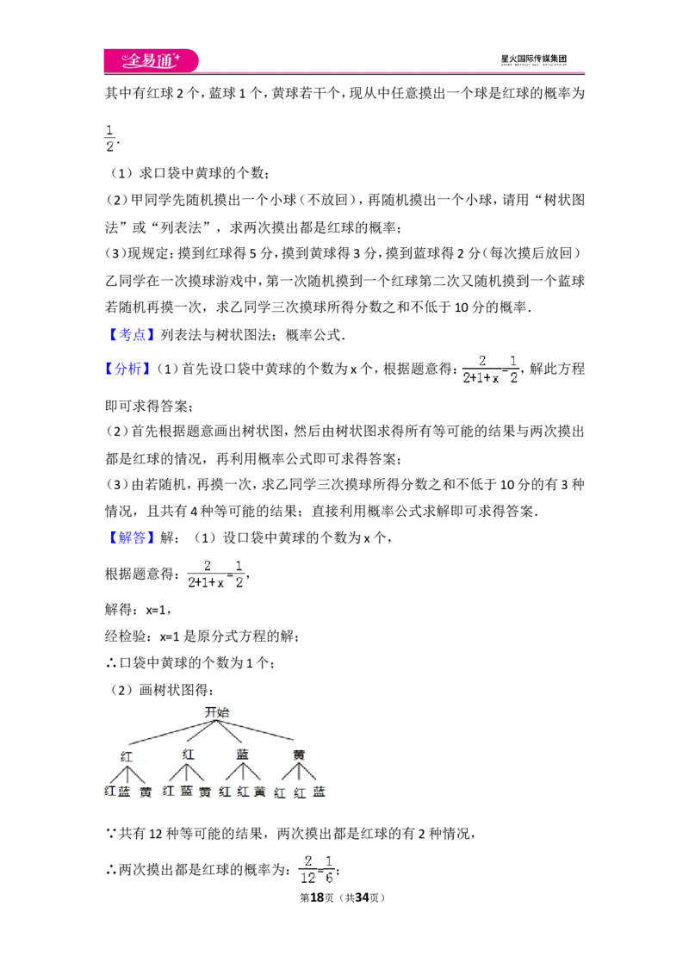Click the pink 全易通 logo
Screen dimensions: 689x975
click(x=151, y=60)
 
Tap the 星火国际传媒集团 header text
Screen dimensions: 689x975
click(x=533, y=59)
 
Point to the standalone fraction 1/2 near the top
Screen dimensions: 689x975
click(x=110, y=138)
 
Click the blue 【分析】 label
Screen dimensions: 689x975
click(x=128, y=368)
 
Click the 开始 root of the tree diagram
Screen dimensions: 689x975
click(x=217, y=712)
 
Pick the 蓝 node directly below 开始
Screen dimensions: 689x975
click(x=243, y=755)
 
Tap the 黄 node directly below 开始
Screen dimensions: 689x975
click(x=299, y=755)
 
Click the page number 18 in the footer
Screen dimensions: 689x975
click(x=317, y=897)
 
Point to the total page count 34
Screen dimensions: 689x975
click(x=363, y=897)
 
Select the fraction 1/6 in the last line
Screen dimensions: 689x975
click(x=329, y=869)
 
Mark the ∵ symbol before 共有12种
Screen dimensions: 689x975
click(x=111, y=833)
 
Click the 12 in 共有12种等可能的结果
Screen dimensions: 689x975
click(x=156, y=833)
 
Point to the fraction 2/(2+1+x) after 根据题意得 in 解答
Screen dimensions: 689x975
click(x=206, y=574)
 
